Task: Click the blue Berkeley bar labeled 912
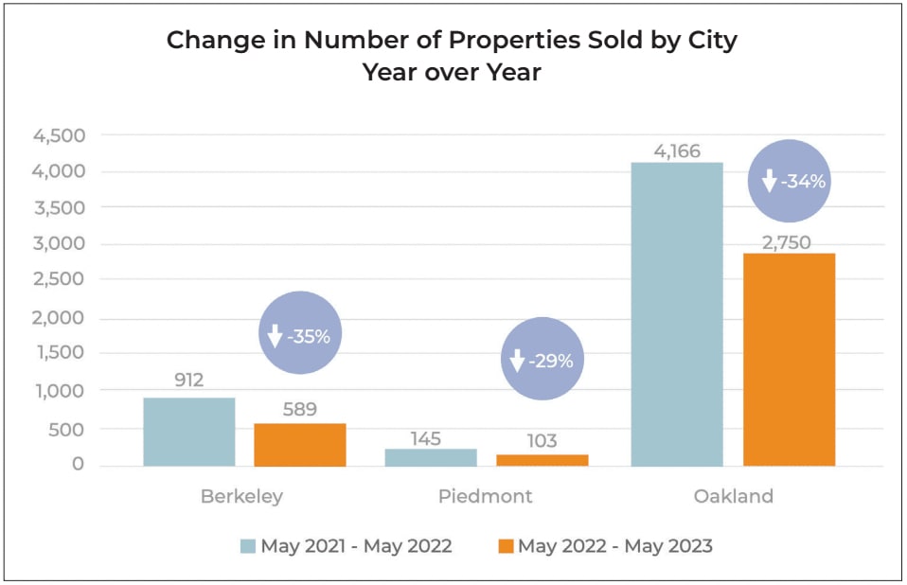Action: pos(189,432)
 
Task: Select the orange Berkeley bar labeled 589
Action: pos(300,445)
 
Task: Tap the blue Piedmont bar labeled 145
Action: pos(432,457)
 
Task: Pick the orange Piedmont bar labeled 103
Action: pos(542,460)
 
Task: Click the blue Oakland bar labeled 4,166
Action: pos(676,314)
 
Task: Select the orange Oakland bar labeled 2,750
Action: pos(789,360)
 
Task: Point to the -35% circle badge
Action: pos(300,335)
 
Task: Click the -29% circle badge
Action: pos(542,360)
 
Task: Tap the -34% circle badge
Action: pos(789,180)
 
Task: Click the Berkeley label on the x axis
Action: pos(241,496)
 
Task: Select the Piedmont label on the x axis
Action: pos(485,496)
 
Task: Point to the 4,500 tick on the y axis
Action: pos(60,135)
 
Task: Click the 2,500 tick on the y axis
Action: pos(60,280)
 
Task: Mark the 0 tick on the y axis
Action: pos(78,465)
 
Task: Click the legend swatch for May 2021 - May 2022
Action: pos(248,546)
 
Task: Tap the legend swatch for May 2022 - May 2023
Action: pos(505,546)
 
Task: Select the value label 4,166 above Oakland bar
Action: pos(676,150)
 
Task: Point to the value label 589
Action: pos(299,410)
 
